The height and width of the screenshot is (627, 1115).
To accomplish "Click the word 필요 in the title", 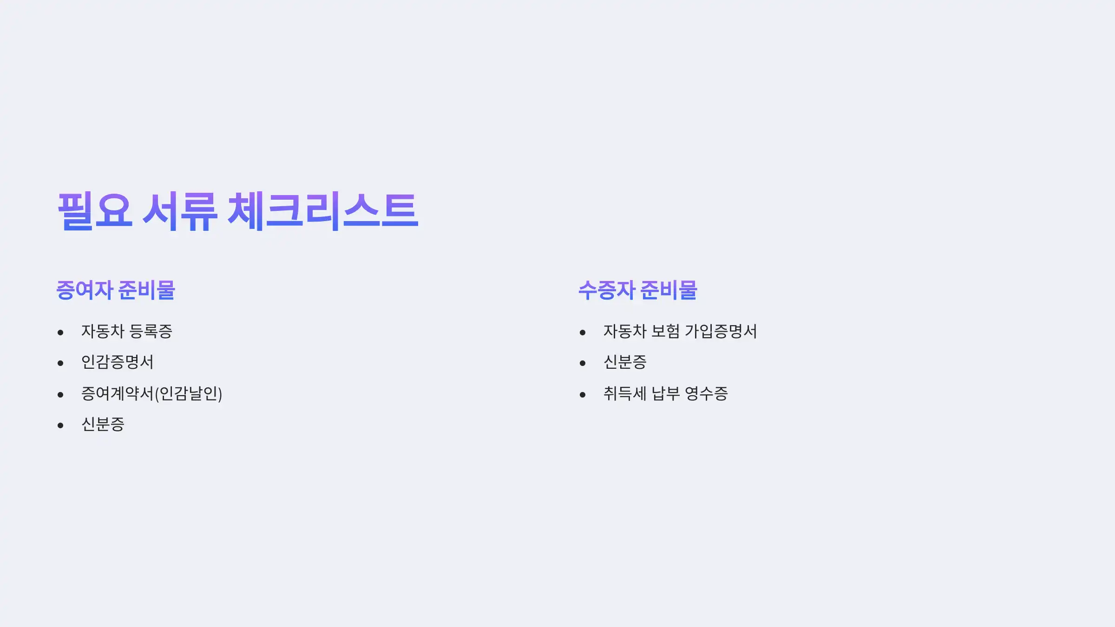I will click(x=95, y=211).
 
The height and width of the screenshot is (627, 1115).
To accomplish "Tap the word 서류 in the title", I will click(x=179, y=211).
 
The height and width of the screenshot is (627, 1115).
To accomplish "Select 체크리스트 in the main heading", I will click(x=323, y=211).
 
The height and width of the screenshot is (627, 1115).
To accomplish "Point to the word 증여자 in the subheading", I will click(x=85, y=290).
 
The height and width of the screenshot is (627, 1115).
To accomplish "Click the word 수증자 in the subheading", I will click(x=607, y=290).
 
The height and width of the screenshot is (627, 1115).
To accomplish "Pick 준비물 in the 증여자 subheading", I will click(x=146, y=290).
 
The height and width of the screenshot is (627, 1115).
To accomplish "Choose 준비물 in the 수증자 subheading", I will click(x=669, y=290).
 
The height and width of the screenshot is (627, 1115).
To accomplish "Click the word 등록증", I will click(x=151, y=332).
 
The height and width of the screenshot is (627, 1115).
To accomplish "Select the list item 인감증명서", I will click(x=117, y=362).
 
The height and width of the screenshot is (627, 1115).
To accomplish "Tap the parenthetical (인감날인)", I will click(x=188, y=394).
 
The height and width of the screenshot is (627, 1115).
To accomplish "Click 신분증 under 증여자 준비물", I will click(x=103, y=425).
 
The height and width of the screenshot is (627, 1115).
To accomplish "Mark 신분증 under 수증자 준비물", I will click(x=625, y=362).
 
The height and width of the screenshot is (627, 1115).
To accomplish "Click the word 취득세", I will click(x=625, y=394).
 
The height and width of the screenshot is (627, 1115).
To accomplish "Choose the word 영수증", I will click(x=706, y=394).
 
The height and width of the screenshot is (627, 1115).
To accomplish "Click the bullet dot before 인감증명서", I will click(x=60, y=363).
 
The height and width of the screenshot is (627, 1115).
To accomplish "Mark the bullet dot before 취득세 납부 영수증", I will click(x=583, y=395).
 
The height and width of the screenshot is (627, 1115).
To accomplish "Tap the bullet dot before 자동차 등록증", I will click(x=60, y=333).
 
